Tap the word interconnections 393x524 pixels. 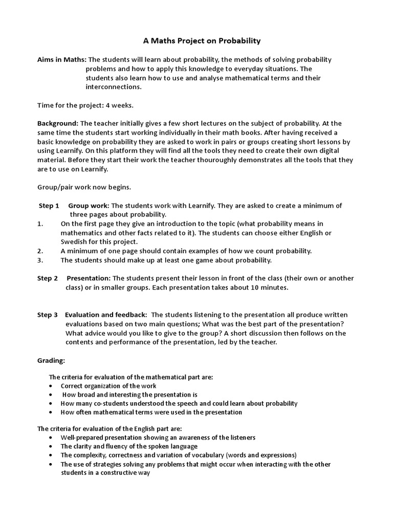click(113, 87)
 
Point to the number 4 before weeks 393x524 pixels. click(107, 105)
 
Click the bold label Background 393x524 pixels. click(58, 123)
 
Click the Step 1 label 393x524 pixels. click(49, 206)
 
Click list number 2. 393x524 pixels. click(40, 251)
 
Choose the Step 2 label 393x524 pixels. click(48, 278)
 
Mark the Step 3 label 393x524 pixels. click(48, 315)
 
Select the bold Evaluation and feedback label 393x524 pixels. click(106, 315)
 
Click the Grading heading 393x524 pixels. click(51, 360)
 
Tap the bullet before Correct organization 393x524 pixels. click(51, 386)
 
